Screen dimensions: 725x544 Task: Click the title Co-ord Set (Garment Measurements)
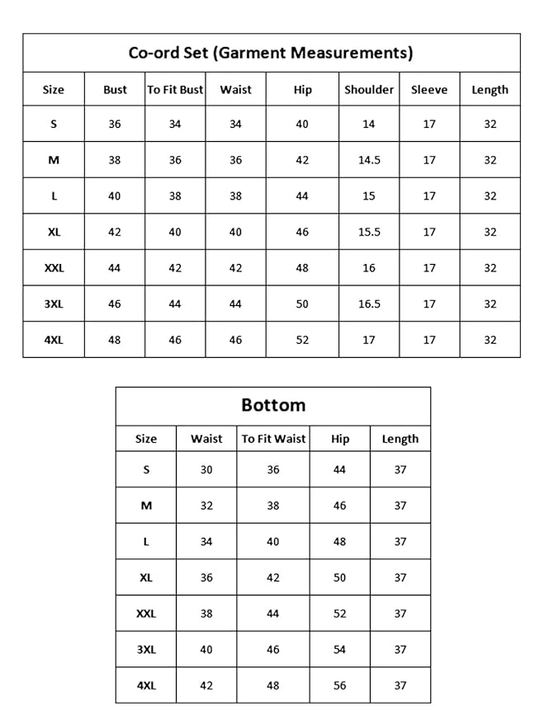(x=271, y=53)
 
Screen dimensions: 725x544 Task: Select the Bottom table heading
(x=273, y=405)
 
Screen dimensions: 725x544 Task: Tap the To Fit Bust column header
(x=175, y=90)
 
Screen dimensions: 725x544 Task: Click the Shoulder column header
(x=369, y=90)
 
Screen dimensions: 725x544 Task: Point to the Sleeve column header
(x=429, y=90)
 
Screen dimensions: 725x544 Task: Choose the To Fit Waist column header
(x=273, y=439)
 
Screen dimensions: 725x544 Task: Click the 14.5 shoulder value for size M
(x=369, y=160)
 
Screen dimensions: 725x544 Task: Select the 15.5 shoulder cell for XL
(x=369, y=232)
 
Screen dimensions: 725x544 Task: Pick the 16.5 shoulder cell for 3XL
(x=369, y=304)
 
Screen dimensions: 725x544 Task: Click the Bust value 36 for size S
(x=115, y=124)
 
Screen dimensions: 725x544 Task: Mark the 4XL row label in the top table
(x=54, y=339)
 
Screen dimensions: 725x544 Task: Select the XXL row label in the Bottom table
(x=146, y=614)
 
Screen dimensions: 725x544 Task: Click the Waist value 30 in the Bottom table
(x=206, y=469)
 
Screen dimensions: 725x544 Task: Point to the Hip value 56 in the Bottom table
(x=340, y=685)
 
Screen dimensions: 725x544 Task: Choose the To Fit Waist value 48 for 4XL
(x=273, y=685)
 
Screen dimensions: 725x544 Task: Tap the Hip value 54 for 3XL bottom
(x=340, y=649)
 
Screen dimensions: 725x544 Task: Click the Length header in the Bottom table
(x=400, y=439)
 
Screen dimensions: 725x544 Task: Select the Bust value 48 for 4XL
(x=115, y=339)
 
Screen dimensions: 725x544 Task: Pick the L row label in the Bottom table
(x=146, y=542)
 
